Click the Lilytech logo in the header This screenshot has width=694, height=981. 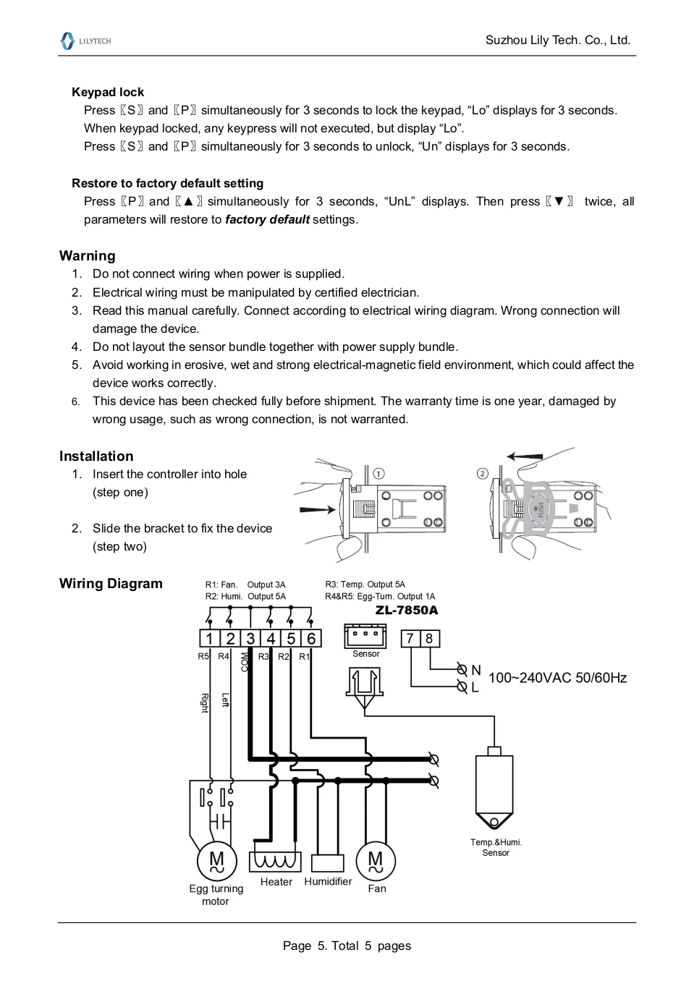click(x=85, y=41)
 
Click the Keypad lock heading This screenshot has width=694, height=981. click(x=108, y=92)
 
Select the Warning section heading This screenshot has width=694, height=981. click(x=87, y=255)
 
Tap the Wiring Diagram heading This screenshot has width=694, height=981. click(x=111, y=583)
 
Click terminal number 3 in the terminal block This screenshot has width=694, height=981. click(x=250, y=638)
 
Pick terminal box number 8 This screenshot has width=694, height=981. click(x=429, y=638)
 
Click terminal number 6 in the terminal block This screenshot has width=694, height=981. click(x=311, y=638)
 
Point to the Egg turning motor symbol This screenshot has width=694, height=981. click(x=216, y=861)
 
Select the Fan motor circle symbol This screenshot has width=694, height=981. click(x=376, y=861)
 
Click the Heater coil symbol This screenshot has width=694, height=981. click(x=275, y=861)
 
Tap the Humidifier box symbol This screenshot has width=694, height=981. click(x=327, y=863)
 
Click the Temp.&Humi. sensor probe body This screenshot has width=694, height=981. click(x=494, y=789)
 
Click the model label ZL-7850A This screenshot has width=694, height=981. click(x=406, y=610)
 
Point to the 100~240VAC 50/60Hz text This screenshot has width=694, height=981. click(x=557, y=678)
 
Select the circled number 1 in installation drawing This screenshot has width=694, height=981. click(x=378, y=474)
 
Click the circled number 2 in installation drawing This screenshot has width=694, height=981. click(x=483, y=474)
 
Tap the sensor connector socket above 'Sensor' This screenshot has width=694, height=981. click(x=365, y=636)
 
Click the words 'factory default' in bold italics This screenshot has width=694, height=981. click(x=267, y=219)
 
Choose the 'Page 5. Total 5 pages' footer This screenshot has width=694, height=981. click(x=347, y=946)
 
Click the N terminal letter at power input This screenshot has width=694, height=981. click(x=475, y=670)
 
